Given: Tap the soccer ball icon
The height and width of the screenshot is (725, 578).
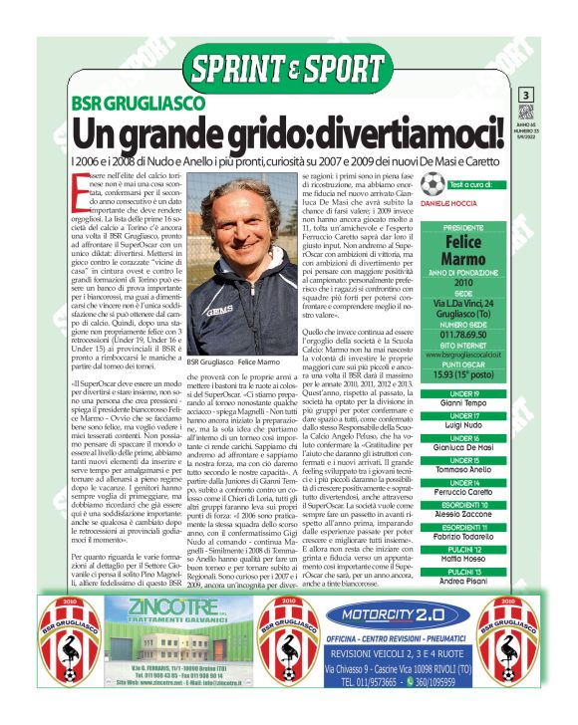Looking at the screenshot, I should pos(432,184).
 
